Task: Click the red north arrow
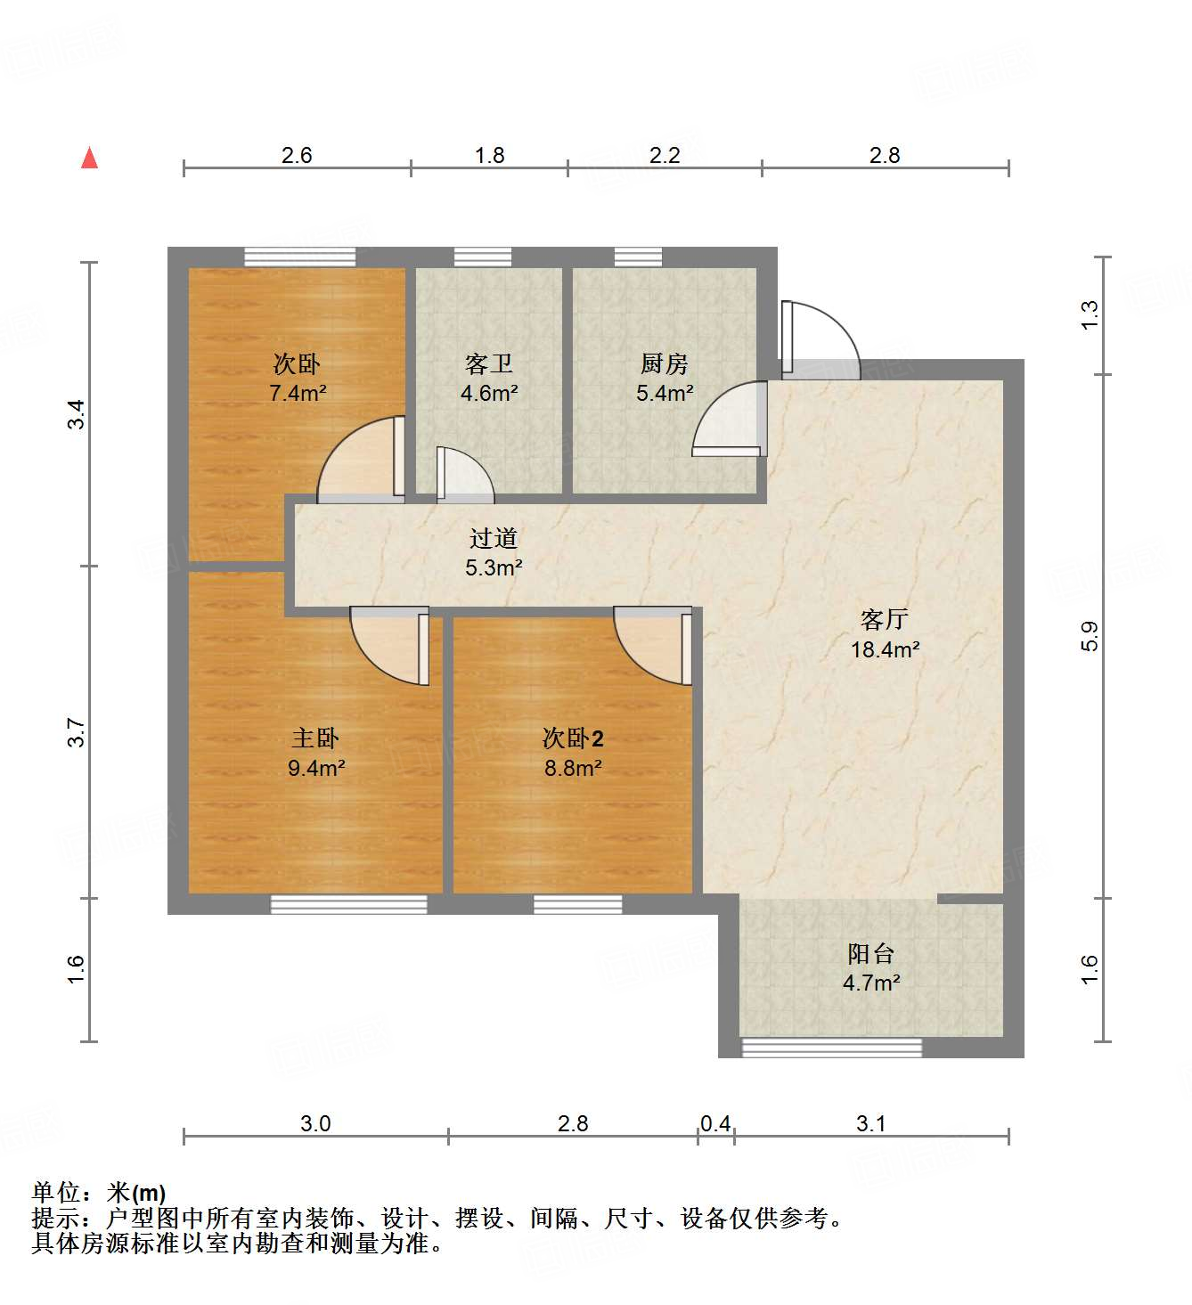pos(89,158)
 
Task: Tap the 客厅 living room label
pos(884,619)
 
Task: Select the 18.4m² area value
pos(885,649)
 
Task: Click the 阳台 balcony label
pos(870,954)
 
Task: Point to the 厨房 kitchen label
pos(665,363)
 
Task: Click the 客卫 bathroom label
pos(488,363)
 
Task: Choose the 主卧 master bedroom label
pos(315,738)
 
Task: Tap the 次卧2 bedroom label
pos(573,738)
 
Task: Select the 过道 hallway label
pos(493,538)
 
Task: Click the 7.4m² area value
pos(298,393)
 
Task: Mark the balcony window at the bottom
pos(832,1048)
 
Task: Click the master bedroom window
pos(348,905)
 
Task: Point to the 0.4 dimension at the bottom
pos(715,1123)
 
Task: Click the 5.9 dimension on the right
pos(1090,636)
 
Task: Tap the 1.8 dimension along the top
pos(489,155)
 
